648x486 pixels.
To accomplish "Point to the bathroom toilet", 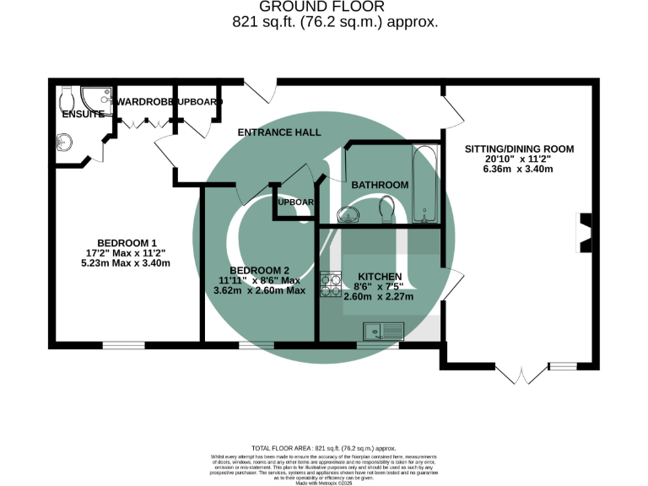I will tap(386, 208).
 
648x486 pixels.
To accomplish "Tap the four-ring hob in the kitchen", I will tap(329, 284).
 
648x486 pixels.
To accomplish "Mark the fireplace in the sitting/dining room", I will tap(584, 233).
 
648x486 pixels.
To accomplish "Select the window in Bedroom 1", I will tap(123, 344).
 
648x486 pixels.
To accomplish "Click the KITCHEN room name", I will tap(380, 277).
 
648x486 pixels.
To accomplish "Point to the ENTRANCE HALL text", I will tap(279, 132).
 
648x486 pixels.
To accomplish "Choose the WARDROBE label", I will tap(145, 102).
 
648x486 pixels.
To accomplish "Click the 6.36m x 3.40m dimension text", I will tap(519, 169).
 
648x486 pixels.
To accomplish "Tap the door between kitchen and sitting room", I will tap(452, 285).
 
